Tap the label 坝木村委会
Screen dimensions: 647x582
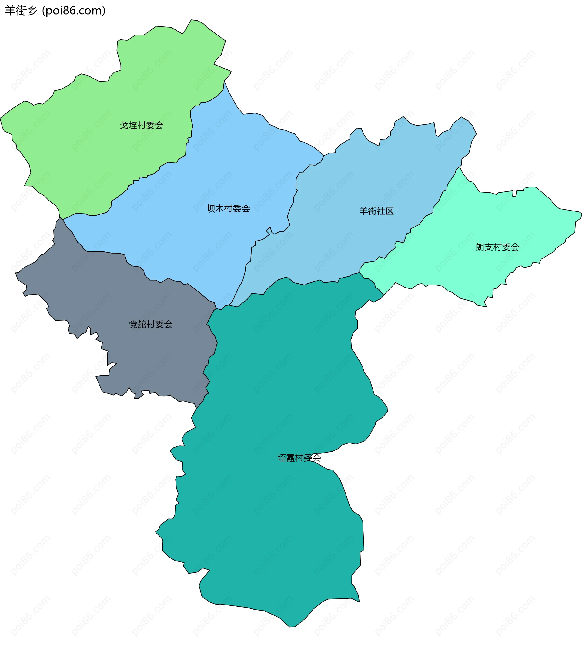pyautogui.click(x=228, y=209)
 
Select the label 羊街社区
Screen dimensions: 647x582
pyautogui.click(x=376, y=211)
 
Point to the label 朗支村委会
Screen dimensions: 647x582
pyautogui.click(x=497, y=247)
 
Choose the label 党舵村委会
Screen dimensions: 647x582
pyautogui.click(x=151, y=325)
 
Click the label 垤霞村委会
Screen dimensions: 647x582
pyautogui.click(x=299, y=458)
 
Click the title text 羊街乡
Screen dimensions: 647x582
pyautogui.click(x=21, y=11)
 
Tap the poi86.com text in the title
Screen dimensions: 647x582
pyautogui.click(x=74, y=11)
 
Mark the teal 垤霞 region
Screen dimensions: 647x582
pyautogui.click(x=272, y=528)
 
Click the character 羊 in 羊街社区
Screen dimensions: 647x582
pyautogui.click(x=363, y=211)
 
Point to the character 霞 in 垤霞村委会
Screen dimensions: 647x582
pyautogui.click(x=290, y=458)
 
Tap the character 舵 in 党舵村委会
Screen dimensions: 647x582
pyautogui.click(x=142, y=325)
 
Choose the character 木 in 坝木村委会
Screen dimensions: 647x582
pyautogui.click(x=219, y=209)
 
